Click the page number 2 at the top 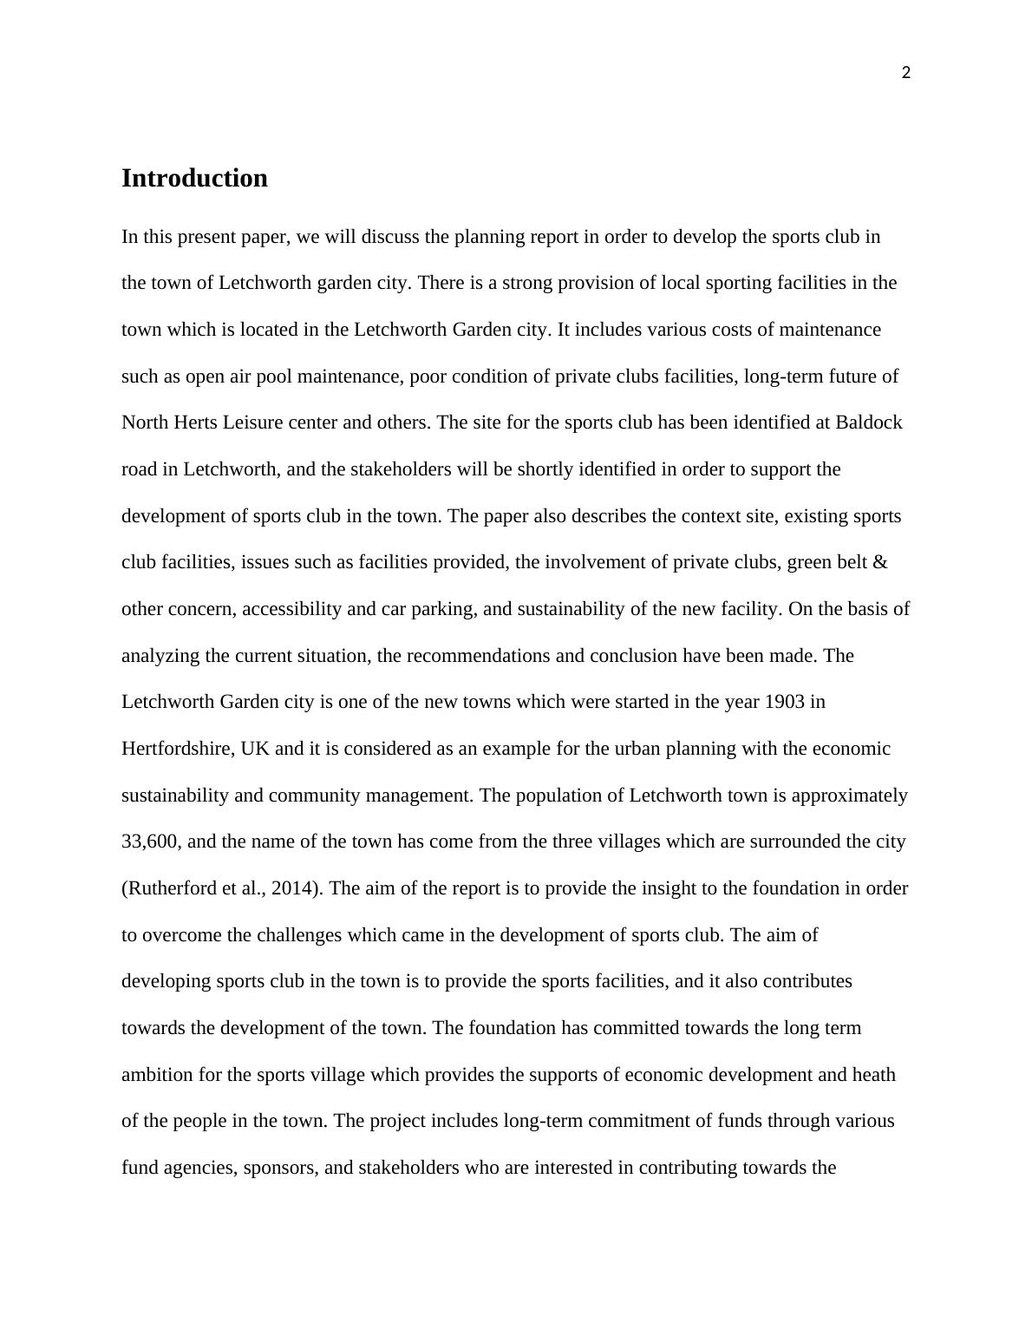(906, 74)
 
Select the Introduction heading (194, 178)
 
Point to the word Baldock (869, 422)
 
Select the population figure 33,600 (150, 842)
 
